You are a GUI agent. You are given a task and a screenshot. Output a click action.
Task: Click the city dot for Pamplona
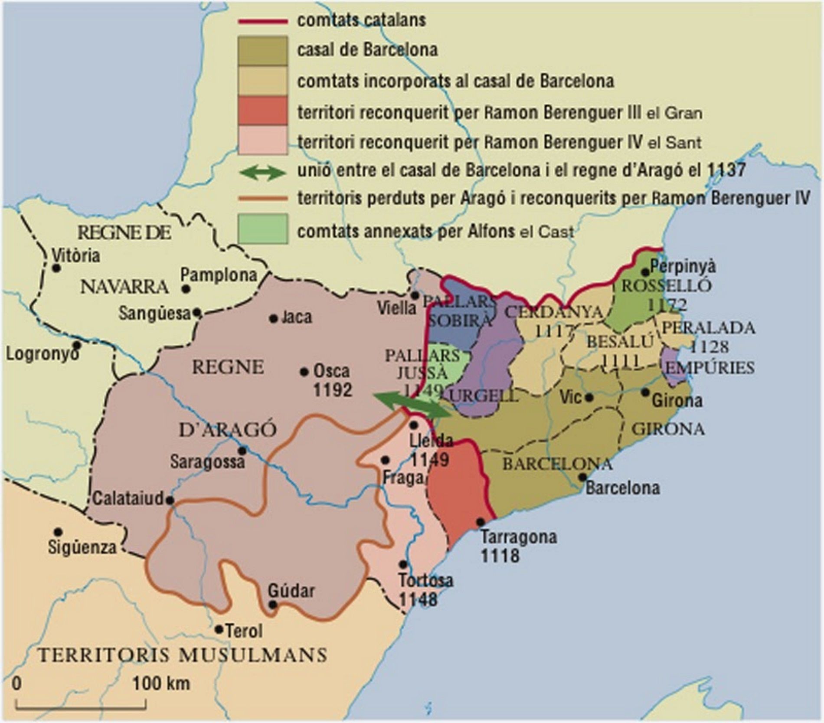pos(186,288)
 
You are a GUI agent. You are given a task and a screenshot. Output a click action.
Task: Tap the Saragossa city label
pos(207,462)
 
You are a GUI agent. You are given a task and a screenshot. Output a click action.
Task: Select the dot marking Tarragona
pos(480,522)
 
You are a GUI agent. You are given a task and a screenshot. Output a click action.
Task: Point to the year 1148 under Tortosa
pos(418,600)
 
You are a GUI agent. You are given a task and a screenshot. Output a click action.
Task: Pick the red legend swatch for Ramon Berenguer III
pos(262,111)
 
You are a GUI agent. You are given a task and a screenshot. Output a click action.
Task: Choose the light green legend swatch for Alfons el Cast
pos(262,229)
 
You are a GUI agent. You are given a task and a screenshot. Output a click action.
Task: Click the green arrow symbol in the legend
pos(262,173)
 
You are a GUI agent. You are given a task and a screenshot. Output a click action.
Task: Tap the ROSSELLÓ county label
pos(666,286)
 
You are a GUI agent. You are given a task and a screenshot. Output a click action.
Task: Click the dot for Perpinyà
pos(645,272)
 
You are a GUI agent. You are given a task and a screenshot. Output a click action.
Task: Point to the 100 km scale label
pos(161,684)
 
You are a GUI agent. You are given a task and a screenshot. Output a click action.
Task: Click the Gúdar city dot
pos(272,605)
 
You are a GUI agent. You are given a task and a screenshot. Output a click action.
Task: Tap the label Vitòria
pos(76,255)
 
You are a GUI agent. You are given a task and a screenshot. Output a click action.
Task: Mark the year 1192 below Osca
pos(333,390)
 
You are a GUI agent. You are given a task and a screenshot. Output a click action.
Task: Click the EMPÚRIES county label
pos(710,368)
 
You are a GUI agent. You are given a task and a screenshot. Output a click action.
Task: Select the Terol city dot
pos(219,629)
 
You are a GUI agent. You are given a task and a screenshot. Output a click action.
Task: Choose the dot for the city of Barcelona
pos(582,477)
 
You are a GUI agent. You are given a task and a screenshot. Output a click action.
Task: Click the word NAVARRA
pos(124,287)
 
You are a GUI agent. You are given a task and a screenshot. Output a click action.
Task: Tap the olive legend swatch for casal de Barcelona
pos(262,51)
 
